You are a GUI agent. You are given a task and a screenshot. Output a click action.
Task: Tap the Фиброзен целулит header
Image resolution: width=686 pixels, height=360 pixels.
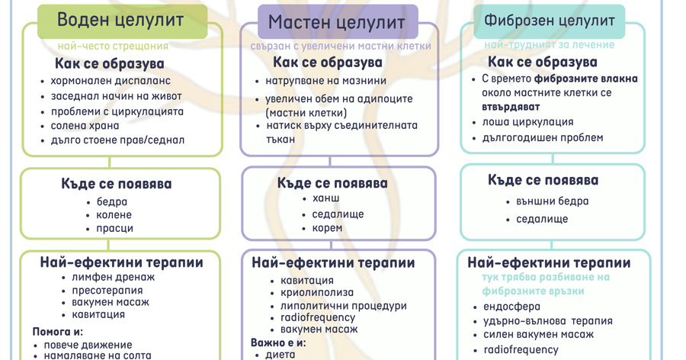click(550, 21)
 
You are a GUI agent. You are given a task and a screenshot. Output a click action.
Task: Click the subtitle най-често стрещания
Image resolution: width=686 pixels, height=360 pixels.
click(113, 46)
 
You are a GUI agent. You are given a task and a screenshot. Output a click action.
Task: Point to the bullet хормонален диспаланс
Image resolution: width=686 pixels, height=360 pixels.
click(111, 81)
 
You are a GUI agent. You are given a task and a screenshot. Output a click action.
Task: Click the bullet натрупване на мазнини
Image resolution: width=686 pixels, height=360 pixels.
click(325, 81)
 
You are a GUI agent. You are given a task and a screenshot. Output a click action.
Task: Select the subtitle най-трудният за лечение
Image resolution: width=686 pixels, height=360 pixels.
click(549, 45)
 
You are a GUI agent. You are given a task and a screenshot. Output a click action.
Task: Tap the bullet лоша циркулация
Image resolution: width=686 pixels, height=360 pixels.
click(527, 122)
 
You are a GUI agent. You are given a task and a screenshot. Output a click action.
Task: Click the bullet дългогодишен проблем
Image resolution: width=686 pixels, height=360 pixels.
click(543, 138)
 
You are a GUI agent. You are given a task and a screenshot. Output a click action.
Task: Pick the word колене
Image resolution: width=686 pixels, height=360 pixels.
click(114, 215)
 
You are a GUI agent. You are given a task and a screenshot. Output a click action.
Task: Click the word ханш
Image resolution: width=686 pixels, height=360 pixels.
click(325, 199)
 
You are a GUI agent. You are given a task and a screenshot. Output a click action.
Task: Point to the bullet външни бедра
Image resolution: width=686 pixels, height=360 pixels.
click(547, 201)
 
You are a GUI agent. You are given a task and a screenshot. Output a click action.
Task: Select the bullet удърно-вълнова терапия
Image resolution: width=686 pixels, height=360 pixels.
click(548, 321)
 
